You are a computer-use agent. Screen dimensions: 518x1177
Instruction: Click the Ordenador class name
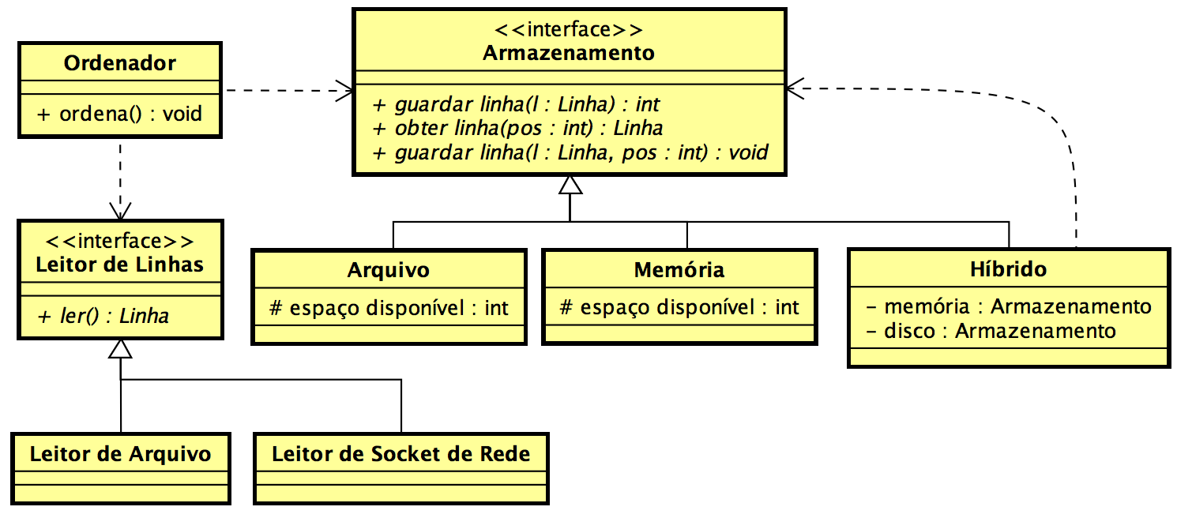119,63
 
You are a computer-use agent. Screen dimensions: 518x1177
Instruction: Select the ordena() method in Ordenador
119,114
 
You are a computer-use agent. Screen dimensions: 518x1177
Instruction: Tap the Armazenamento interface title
568,53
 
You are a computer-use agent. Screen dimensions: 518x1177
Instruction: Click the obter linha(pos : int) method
517,128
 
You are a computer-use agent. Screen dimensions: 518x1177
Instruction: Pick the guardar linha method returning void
570,152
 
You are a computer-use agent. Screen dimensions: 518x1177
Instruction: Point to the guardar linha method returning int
516,104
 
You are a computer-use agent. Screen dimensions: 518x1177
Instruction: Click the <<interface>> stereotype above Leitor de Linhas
120,242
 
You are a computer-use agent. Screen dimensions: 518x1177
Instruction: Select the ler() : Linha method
103,316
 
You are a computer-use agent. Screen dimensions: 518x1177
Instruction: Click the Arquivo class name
389,270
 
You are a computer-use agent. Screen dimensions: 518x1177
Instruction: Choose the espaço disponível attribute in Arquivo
389,307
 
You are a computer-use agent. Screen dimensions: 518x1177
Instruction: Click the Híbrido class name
1008,268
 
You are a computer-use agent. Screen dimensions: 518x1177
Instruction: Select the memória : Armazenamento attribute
1008,306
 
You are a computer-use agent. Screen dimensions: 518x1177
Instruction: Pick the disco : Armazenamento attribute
991,330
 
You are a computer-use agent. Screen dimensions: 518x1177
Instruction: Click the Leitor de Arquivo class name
121,454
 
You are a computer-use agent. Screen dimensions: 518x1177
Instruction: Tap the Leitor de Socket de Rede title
400,454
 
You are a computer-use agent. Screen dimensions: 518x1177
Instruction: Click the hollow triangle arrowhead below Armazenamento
570,185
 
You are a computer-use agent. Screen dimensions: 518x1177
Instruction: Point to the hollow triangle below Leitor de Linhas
120,349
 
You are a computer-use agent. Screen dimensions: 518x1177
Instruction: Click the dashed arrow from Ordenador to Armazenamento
288,90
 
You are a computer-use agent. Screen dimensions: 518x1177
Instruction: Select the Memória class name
679,270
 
